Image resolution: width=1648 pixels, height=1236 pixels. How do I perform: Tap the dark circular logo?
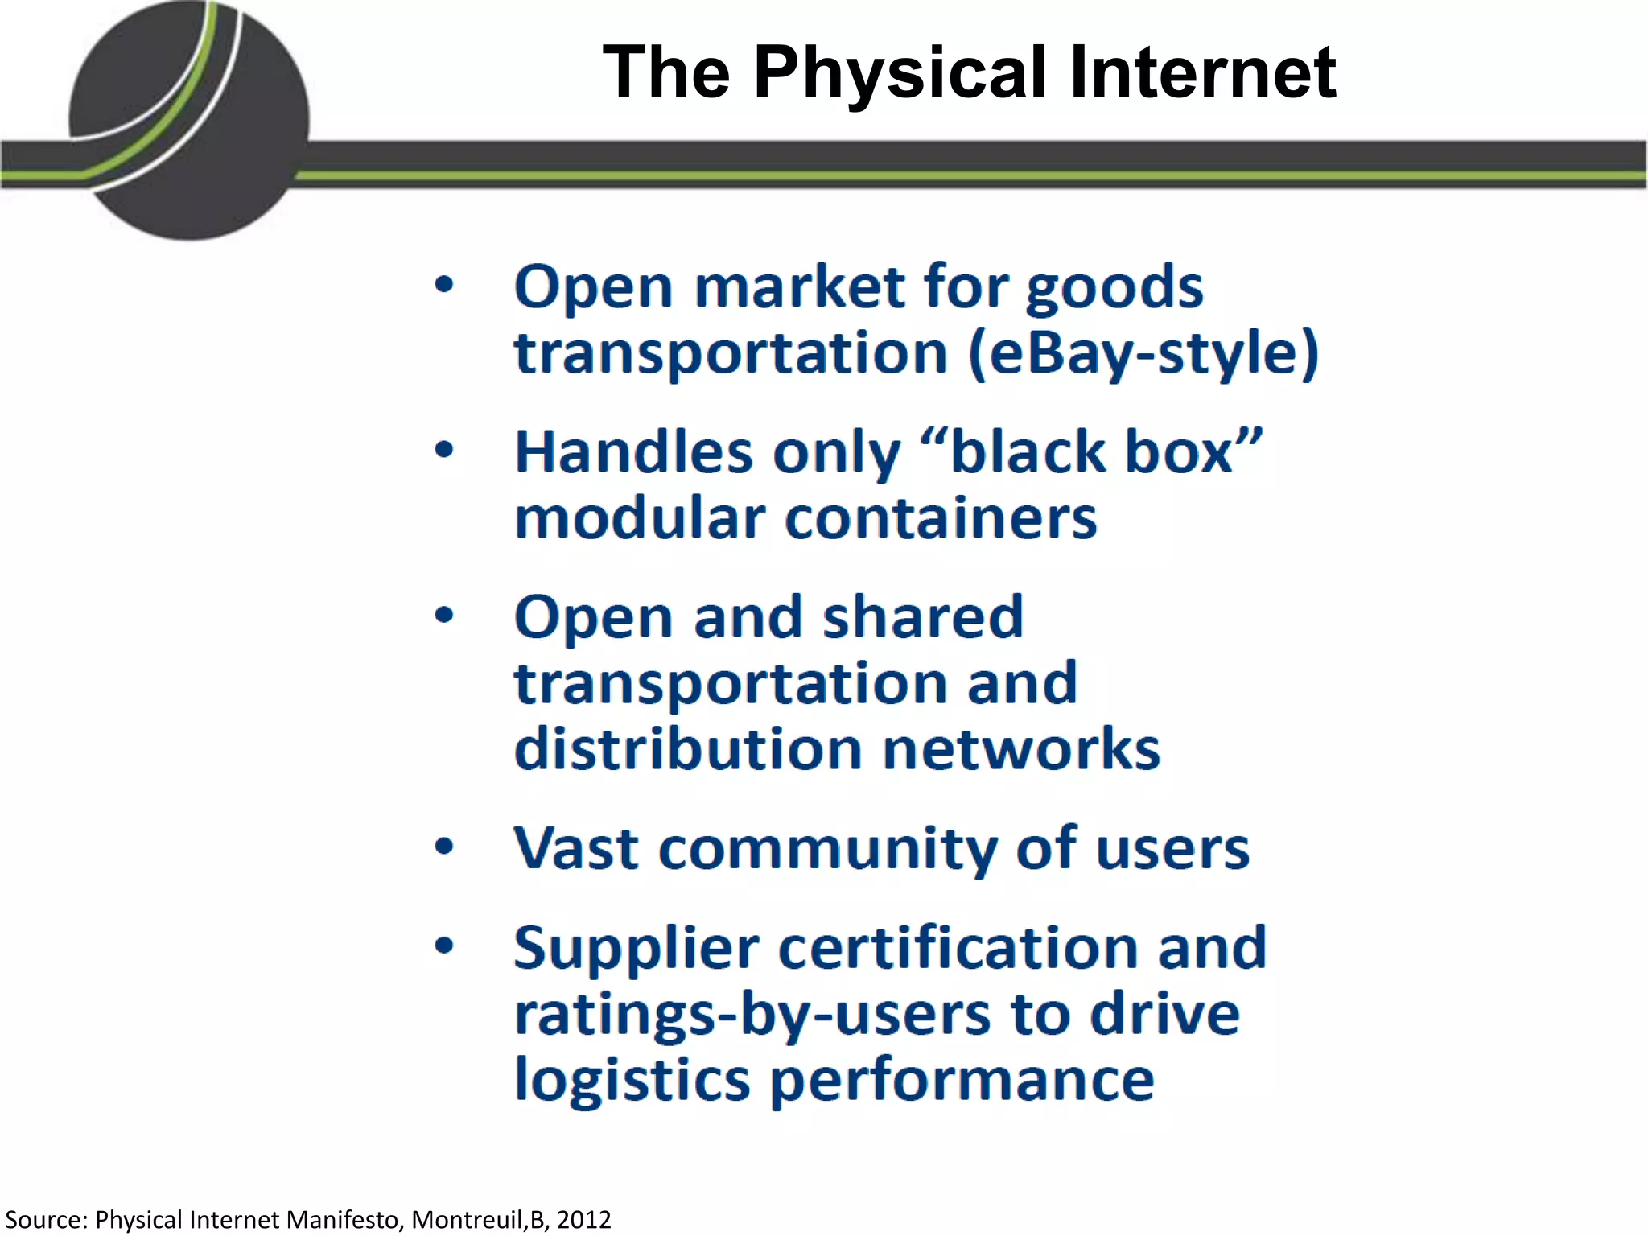pyautogui.click(x=190, y=121)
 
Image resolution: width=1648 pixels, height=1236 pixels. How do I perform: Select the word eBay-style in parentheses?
pyautogui.click(x=1143, y=353)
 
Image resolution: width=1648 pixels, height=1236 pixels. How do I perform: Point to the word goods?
pyautogui.click(x=1114, y=288)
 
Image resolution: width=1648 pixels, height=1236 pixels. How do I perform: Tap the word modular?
pyautogui.click(x=640, y=518)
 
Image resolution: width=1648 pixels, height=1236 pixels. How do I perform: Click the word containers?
pyautogui.click(x=941, y=518)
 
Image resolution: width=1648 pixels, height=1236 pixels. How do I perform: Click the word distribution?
pyautogui.click(x=688, y=749)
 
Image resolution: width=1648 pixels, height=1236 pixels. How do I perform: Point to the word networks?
pyautogui.click(x=1021, y=749)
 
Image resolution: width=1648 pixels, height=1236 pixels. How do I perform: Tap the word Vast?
pyautogui.click(x=576, y=848)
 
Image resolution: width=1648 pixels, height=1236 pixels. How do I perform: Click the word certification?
pyautogui.click(x=958, y=948)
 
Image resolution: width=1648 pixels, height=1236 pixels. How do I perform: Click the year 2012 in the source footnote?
pyautogui.click(x=583, y=1220)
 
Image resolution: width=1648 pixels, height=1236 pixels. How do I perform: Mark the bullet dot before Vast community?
pyautogui.click(x=444, y=847)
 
